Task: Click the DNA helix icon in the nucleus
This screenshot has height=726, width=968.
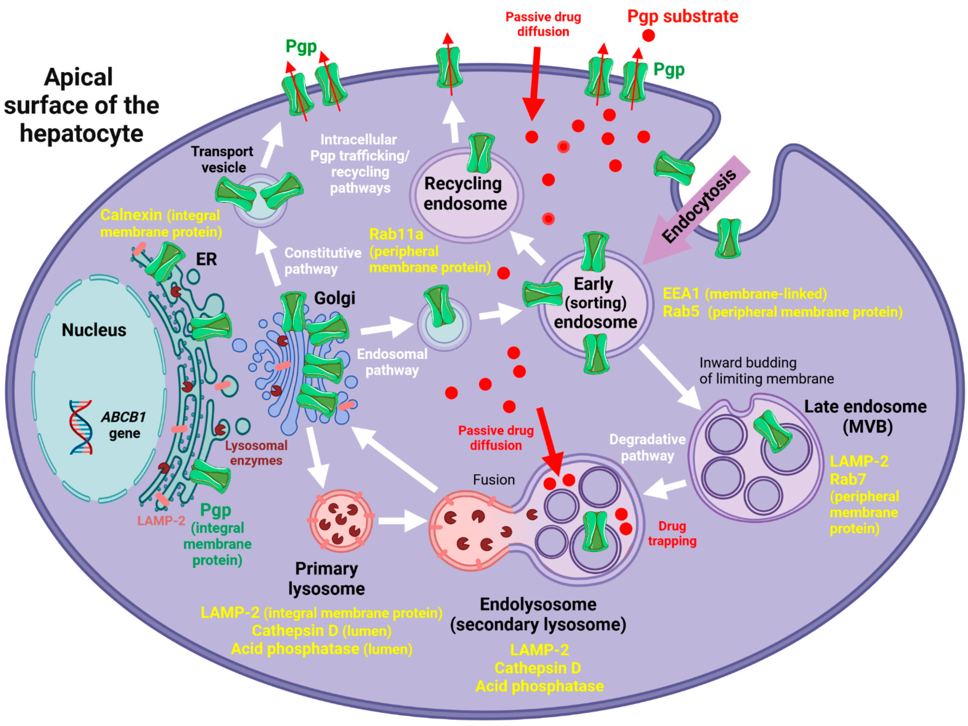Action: pyautogui.click(x=81, y=427)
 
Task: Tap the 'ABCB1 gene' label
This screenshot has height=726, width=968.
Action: pyautogui.click(x=123, y=425)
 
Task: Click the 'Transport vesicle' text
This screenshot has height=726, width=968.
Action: pyautogui.click(x=222, y=159)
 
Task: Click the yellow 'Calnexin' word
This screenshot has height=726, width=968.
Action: pyautogui.click(x=131, y=215)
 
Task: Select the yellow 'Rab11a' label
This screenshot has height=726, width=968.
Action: pyautogui.click(x=396, y=235)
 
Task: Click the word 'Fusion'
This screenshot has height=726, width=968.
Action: pyautogui.click(x=494, y=480)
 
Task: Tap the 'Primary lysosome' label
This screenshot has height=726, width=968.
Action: pyautogui.click(x=326, y=578)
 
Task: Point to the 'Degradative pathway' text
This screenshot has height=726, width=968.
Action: pyautogui.click(x=647, y=447)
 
